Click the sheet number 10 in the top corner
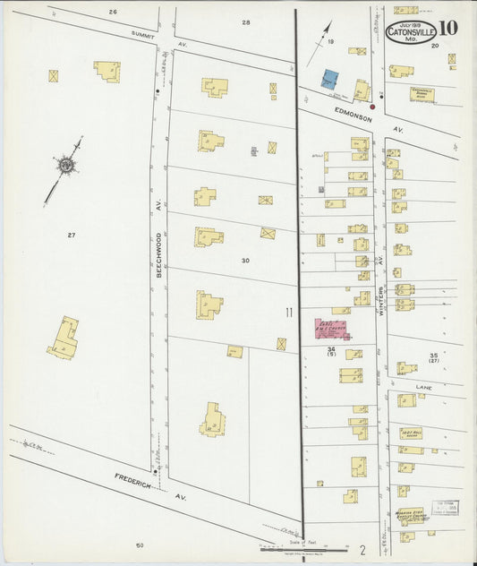click(449, 27)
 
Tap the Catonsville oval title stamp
click(411, 30)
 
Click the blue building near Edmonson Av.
click(330, 79)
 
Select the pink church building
click(330, 328)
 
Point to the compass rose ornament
click(66, 164)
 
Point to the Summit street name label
click(144, 33)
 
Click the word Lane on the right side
click(423, 388)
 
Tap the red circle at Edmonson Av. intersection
click(372, 107)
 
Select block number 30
click(243, 260)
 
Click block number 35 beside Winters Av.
click(433, 356)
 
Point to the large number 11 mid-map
click(288, 312)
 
